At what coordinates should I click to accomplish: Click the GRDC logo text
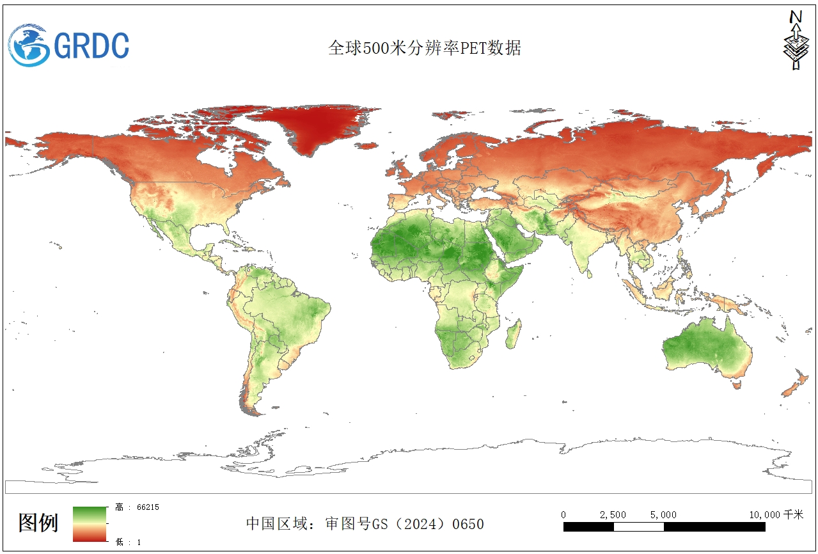point(91,45)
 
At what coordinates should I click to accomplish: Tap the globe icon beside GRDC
point(29,45)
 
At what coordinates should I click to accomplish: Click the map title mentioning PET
point(424,49)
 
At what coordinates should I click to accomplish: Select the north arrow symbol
point(796,40)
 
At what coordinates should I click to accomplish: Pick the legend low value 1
point(129,542)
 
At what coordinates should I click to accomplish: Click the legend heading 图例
point(38,523)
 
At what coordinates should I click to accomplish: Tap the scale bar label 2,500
point(613,515)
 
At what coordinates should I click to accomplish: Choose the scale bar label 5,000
point(663,515)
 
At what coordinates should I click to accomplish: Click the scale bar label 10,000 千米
point(776,515)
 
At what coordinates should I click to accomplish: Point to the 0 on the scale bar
point(563,515)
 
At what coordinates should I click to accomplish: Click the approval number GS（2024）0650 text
point(365,525)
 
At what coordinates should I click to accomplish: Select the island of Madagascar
point(512,335)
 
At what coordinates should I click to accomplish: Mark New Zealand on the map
point(796,384)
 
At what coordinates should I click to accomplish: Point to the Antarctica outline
point(448,461)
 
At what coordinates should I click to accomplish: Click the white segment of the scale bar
point(638,527)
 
